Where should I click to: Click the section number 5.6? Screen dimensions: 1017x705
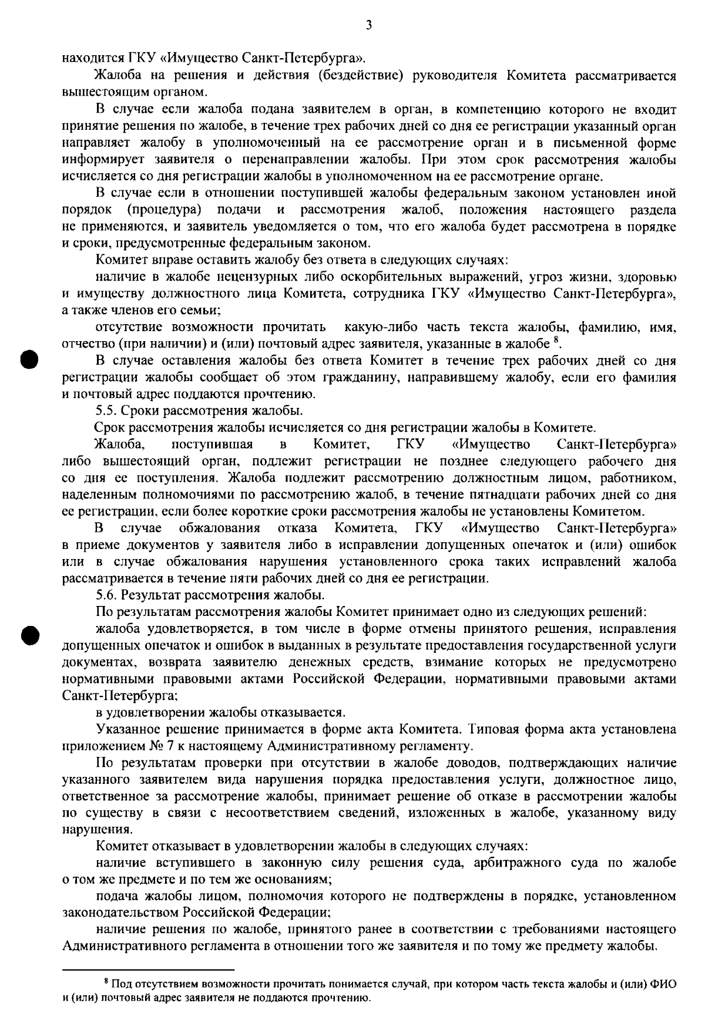pyautogui.click(x=109, y=595)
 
